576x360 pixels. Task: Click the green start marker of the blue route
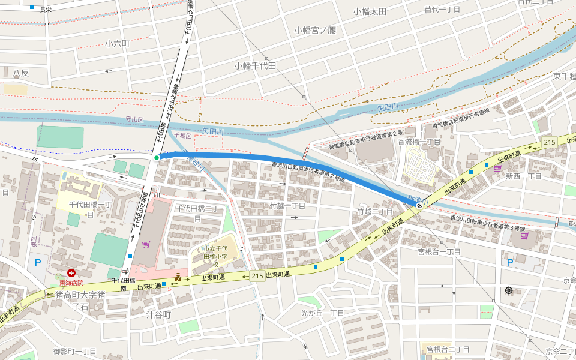click(x=157, y=158)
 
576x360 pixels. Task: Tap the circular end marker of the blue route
click(x=419, y=205)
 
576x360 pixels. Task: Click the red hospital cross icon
click(x=71, y=272)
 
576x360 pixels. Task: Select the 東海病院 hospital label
click(x=71, y=283)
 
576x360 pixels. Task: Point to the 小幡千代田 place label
click(x=255, y=65)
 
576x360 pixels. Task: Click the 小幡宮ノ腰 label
click(x=315, y=30)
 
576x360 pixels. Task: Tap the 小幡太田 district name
click(x=370, y=11)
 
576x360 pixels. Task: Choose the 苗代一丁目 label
click(x=442, y=10)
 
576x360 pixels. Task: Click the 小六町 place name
click(x=117, y=44)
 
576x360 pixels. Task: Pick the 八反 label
click(x=21, y=73)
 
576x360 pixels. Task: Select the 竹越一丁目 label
click(x=287, y=206)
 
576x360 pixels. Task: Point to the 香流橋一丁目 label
click(x=419, y=141)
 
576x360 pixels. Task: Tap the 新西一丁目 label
click(x=523, y=176)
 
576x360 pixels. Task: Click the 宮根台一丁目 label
click(x=439, y=252)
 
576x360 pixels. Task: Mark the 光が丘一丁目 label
click(x=323, y=313)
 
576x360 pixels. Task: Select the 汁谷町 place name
click(x=159, y=314)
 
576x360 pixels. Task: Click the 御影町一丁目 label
click(x=74, y=351)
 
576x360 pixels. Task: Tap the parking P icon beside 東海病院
click(x=38, y=262)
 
